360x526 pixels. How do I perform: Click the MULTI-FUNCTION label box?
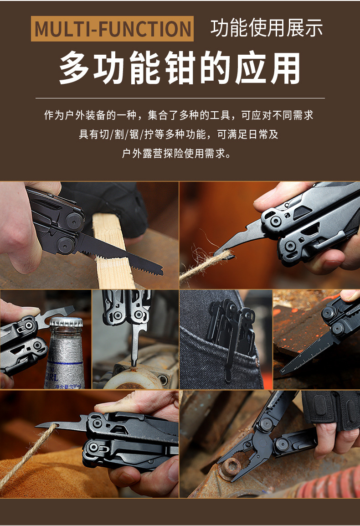coord(112,29)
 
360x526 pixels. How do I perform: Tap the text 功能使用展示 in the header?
coord(267,28)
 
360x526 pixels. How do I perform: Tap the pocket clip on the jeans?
coord(230,346)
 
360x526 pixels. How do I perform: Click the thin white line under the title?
coord(180,98)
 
